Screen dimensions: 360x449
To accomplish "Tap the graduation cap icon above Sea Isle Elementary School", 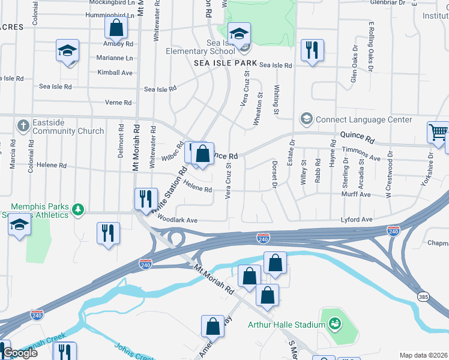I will pyautogui.click(x=239, y=34).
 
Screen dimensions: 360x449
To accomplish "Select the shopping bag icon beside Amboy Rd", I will pyautogui.click(x=116, y=28).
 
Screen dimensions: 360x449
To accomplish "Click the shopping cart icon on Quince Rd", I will pyautogui.click(x=438, y=133).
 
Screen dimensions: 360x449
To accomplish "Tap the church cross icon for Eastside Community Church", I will pyautogui.click(x=23, y=125).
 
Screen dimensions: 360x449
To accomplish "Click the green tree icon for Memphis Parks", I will pyautogui.click(x=77, y=209).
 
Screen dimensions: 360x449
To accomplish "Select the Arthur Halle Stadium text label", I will pyautogui.click(x=286, y=325).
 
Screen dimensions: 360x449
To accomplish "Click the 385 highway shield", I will pyautogui.click(x=423, y=297).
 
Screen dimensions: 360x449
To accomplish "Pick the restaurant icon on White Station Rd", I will pyautogui.click(x=146, y=199).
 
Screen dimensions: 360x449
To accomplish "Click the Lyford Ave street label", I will pyautogui.click(x=357, y=220).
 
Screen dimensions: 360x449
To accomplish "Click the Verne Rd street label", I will pyautogui.click(x=118, y=103).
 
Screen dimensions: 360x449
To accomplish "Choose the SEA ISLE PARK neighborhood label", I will pyautogui.click(x=225, y=63).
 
